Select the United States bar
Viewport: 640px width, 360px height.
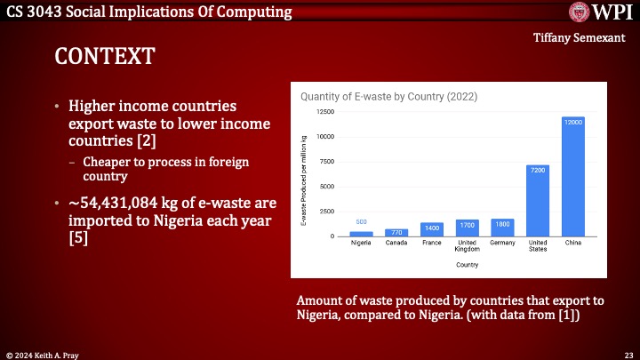pos(538,200)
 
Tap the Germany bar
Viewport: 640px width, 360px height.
pos(502,228)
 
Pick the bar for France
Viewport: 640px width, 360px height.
pos(432,229)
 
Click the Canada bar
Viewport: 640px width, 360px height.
pos(397,232)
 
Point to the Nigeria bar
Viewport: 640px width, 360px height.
pos(362,234)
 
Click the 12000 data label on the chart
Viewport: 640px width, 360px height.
pos(572,121)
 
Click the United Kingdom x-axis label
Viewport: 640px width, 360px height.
pos(468,246)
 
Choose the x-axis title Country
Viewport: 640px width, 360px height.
pos(467,265)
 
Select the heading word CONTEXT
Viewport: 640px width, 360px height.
pos(105,56)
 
